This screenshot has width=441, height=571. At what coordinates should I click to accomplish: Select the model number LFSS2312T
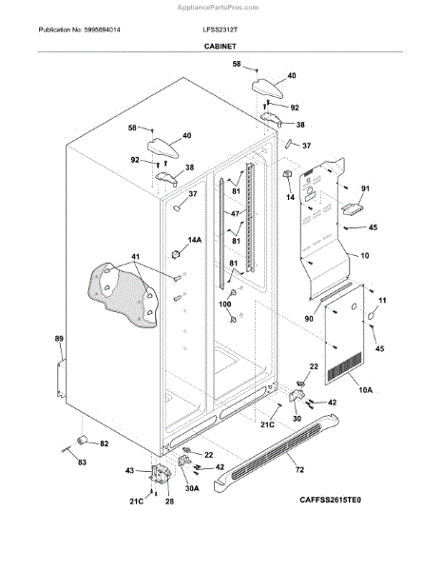[x=220, y=30]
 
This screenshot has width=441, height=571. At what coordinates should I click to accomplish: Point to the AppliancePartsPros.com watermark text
[x=220, y=7]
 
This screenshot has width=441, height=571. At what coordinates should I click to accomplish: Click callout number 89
[x=59, y=340]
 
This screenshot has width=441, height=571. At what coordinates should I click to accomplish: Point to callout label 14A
[x=194, y=241]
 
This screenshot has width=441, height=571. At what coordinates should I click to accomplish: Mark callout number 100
[x=226, y=304]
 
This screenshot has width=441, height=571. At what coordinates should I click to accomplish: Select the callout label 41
[x=136, y=257]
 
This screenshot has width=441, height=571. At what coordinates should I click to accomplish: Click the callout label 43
[x=130, y=470]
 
